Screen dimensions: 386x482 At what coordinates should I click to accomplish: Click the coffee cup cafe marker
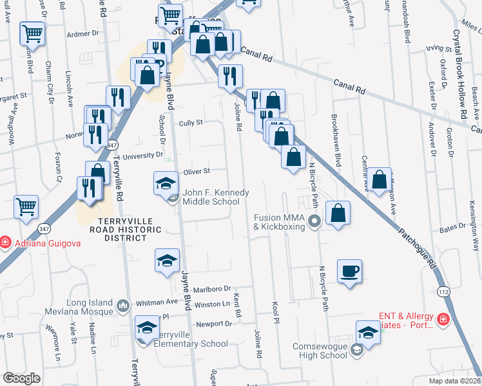[349, 270]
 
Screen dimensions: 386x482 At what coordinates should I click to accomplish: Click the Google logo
[21, 378]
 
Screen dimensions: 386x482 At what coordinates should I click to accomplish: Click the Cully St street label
[191, 122]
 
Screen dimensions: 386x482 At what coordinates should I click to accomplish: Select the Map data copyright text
[454, 381]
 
